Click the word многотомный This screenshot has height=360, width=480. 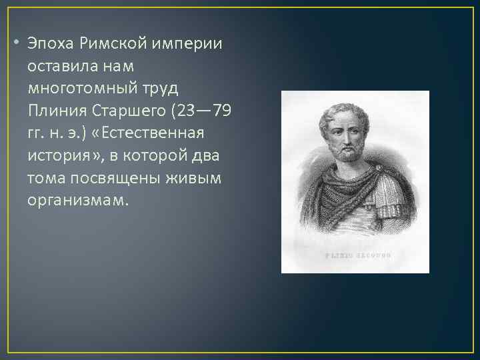click(80, 88)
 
